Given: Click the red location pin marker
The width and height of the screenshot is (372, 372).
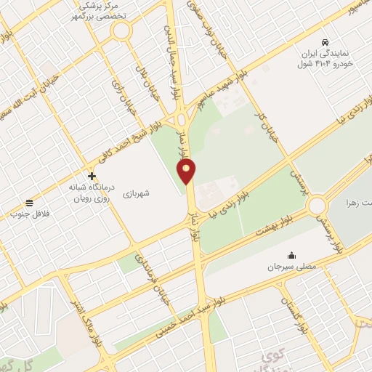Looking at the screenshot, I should [187, 171].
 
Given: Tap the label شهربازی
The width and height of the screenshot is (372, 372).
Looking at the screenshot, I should [135, 194].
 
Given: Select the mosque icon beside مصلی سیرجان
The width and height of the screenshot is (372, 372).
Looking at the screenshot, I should [291, 255].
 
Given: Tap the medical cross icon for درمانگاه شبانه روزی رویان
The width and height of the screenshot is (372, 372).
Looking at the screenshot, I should [92, 176].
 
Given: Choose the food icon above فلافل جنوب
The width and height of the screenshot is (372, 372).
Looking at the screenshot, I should [29, 203].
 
